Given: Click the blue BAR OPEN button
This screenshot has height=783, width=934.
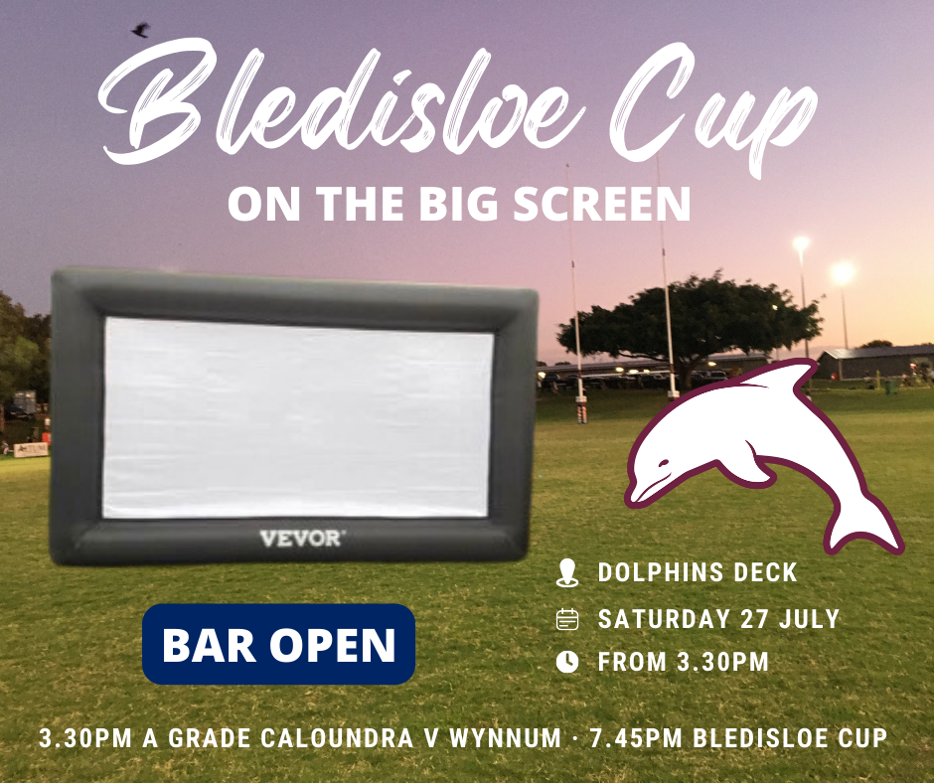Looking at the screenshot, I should tap(278, 645).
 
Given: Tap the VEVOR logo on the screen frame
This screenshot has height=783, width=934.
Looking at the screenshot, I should tap(302, 539).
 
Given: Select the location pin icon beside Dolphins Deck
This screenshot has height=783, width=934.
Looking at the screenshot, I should tap(566, 572).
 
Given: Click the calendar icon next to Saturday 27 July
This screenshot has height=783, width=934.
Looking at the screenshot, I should tap(566, 620).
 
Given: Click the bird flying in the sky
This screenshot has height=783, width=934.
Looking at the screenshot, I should tap(139, 31).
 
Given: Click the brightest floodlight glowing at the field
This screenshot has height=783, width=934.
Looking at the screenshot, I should tap(843, 271).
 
